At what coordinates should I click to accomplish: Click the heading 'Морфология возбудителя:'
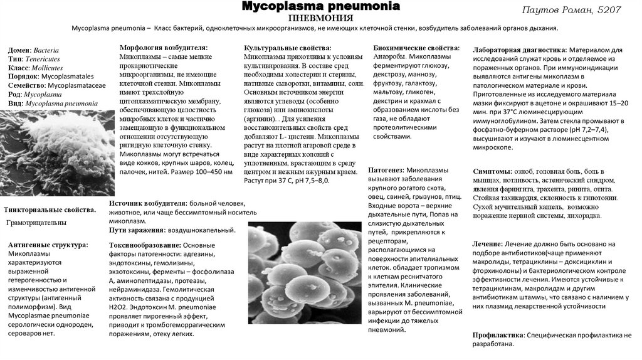point(164,48)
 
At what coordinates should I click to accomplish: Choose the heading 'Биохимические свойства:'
point(416,48)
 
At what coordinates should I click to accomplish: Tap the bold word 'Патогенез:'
point(386,170)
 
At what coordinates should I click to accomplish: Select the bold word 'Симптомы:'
point(492,171)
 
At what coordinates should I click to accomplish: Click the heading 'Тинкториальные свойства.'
point(50,209)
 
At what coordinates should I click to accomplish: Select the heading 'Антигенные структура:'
point(48,245)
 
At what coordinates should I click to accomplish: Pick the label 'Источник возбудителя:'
point(148,204)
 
